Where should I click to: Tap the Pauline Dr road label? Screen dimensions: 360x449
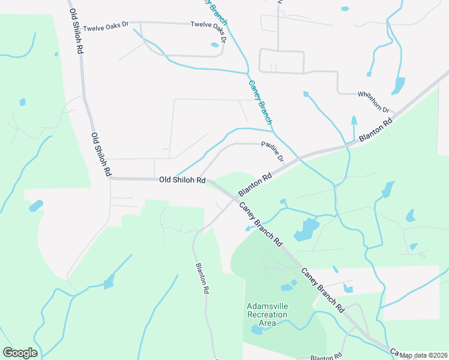(272, 151)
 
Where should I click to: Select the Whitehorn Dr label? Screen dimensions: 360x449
(374, 103)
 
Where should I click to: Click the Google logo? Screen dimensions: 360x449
(20, 353)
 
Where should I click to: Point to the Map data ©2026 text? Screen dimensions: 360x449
(424, 355)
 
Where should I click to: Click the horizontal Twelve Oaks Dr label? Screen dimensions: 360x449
(106, 28)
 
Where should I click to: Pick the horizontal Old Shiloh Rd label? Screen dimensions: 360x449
(182, 179)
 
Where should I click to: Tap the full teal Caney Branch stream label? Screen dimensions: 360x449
(260, 101)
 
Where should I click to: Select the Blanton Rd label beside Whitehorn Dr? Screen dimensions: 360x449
(376, 130)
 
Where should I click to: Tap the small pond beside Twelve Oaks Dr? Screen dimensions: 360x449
(214, 44)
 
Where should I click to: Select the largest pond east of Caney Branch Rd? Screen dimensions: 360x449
(306, 230)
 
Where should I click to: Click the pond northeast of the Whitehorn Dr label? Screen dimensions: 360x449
(398, 86)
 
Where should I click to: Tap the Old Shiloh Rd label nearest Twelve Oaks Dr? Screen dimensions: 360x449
(76, 31)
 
